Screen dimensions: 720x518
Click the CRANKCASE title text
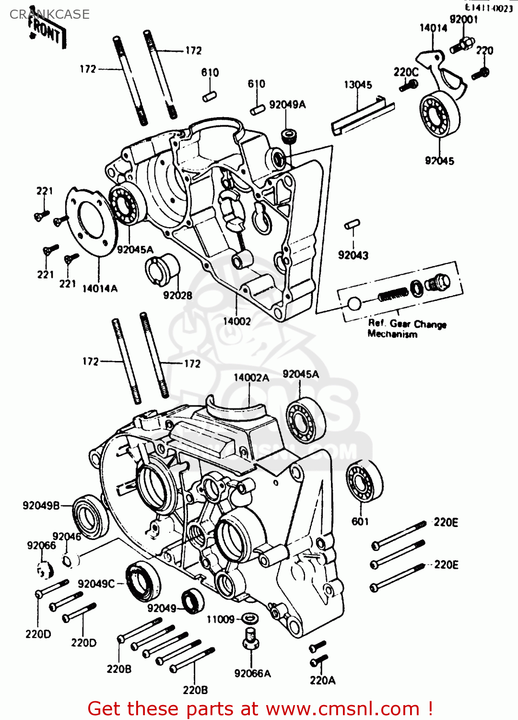coord(49,14)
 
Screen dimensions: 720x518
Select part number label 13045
coord(358,85)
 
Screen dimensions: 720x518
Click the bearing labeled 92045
coord(439,113)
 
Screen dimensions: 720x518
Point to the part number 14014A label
coord(100,288)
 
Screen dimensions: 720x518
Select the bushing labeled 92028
coord(161,269)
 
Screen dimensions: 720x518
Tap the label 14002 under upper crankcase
coord(237,321)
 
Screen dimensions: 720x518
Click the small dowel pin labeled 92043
coord(352,224)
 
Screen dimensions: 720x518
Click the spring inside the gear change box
coord(393,294)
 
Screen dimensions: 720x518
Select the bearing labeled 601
coord(365,481)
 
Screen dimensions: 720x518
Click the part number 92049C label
coord(96,584)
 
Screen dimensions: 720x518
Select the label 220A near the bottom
coord(322,680)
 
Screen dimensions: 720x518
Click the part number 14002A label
coord(251,378)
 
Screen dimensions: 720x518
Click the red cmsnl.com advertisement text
coord(260,708)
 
